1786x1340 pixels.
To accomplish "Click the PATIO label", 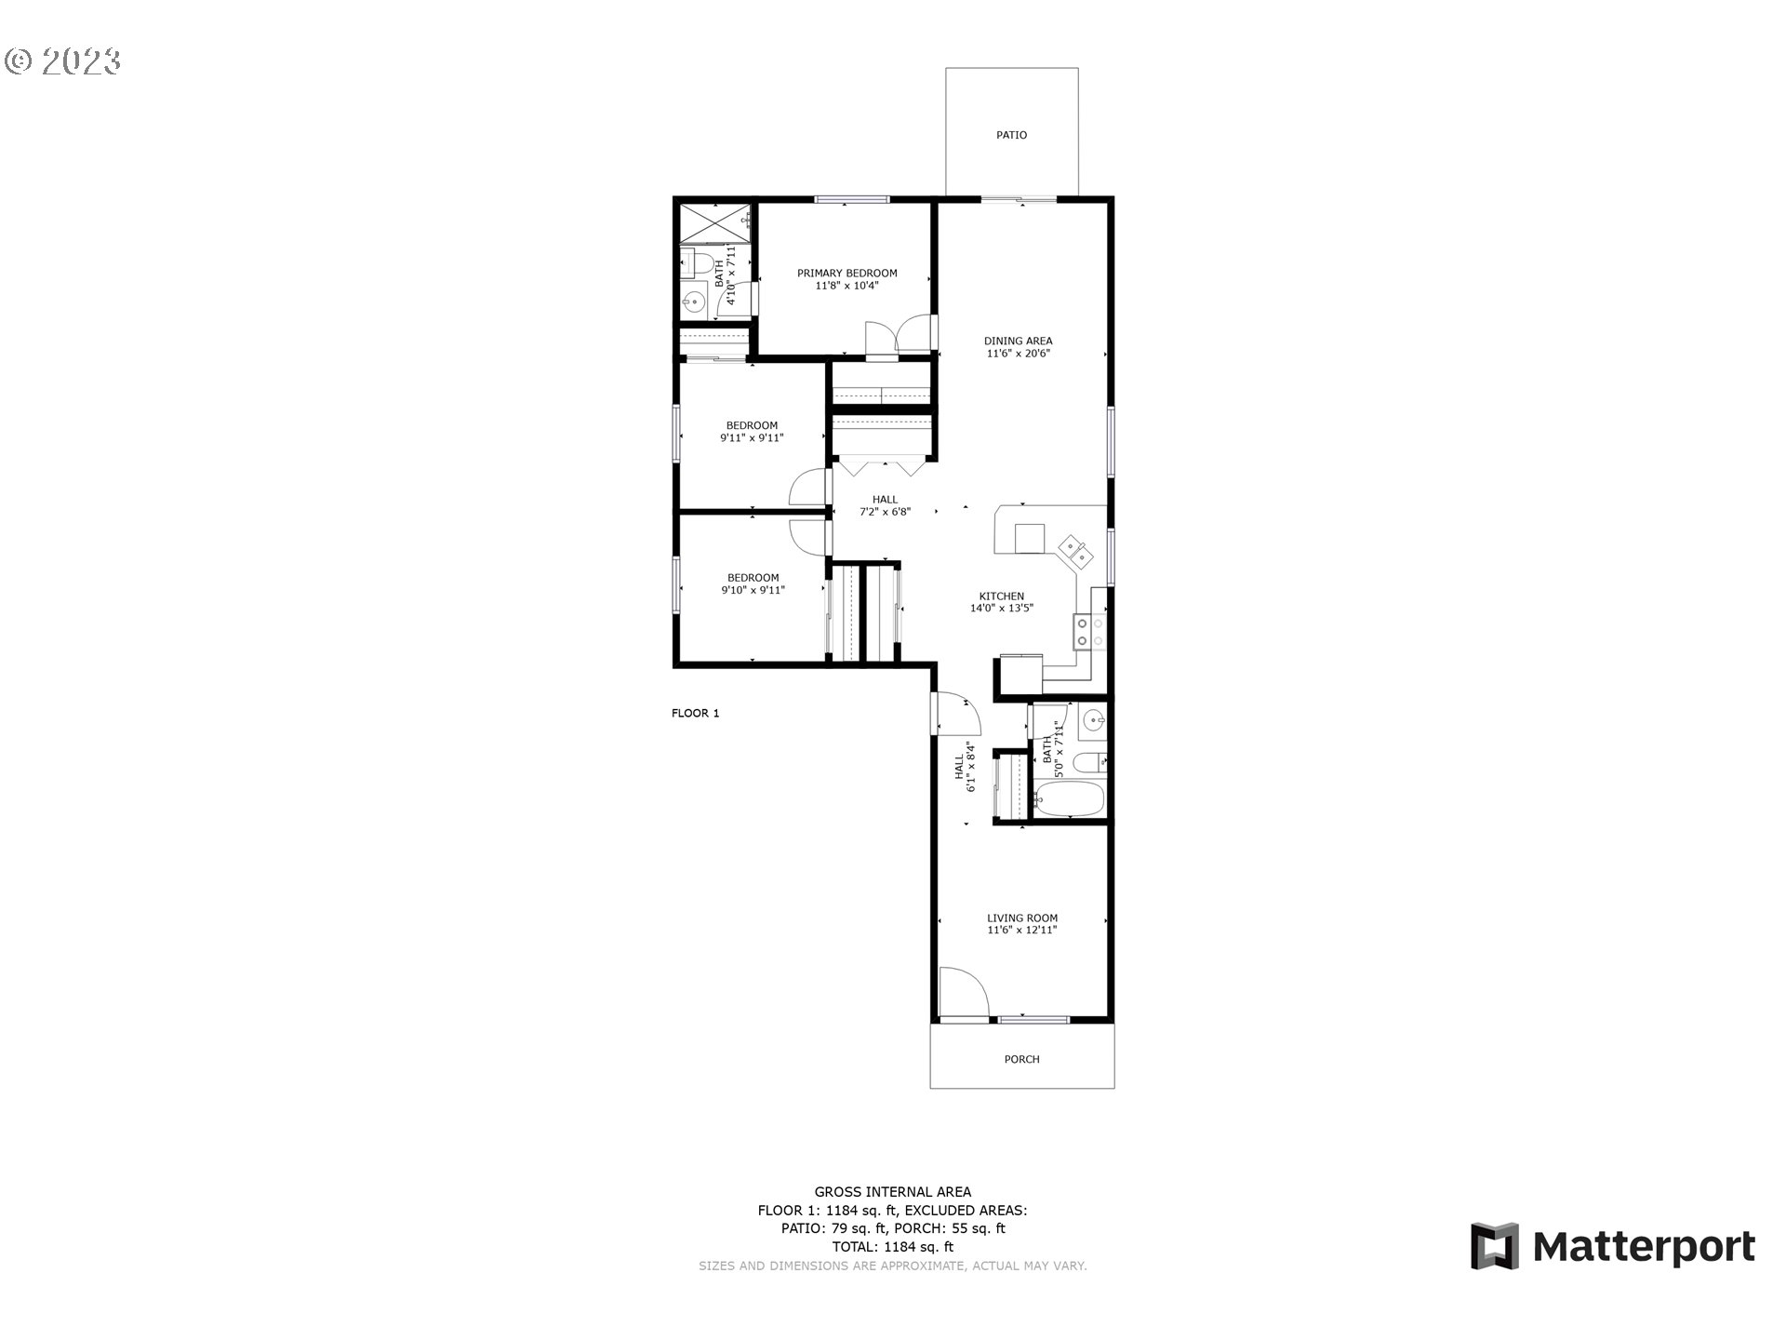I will tap(1011, 135).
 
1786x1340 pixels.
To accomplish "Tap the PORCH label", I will tap(1021, 1059).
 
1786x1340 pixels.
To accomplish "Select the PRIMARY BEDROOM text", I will tap(846, 273).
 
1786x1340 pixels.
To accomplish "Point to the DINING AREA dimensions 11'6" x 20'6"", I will tap(1018, 354).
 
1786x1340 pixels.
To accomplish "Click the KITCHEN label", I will tap(1001, 596).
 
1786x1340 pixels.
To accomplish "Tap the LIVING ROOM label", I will tap(1021, 918).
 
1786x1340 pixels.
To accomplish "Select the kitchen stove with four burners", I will tap(1089, 632).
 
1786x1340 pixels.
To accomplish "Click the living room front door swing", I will tap(961, 994).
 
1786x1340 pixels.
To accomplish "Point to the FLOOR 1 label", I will tap(695, 714).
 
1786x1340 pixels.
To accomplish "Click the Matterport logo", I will tap(1612, 1246).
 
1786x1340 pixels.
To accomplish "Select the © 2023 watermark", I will tap(62, 61).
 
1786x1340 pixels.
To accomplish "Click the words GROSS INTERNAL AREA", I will tap(892, 1191).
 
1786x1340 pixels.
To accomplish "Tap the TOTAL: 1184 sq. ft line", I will tap(892, 1247).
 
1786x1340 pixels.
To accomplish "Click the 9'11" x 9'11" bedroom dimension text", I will tap(752, 437).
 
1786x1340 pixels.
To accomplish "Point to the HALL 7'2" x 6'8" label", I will tap(885, 505).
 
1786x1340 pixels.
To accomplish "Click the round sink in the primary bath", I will tap(693, 301).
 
